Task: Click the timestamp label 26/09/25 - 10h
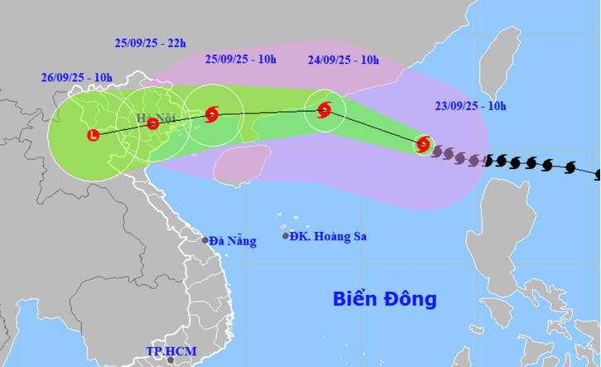point(76,77)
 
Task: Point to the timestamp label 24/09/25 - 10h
point(344,60)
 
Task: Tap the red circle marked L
point(93,135)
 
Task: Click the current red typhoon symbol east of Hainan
point(423,145)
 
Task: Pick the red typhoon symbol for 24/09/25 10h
point(324,109)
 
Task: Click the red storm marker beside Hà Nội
point(152,124)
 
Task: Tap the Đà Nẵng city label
point(233,241)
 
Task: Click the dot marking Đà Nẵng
point(205,240)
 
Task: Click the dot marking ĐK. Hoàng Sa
point(286,236)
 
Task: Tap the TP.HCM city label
point(171,351)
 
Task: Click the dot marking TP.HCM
point(170,360)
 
